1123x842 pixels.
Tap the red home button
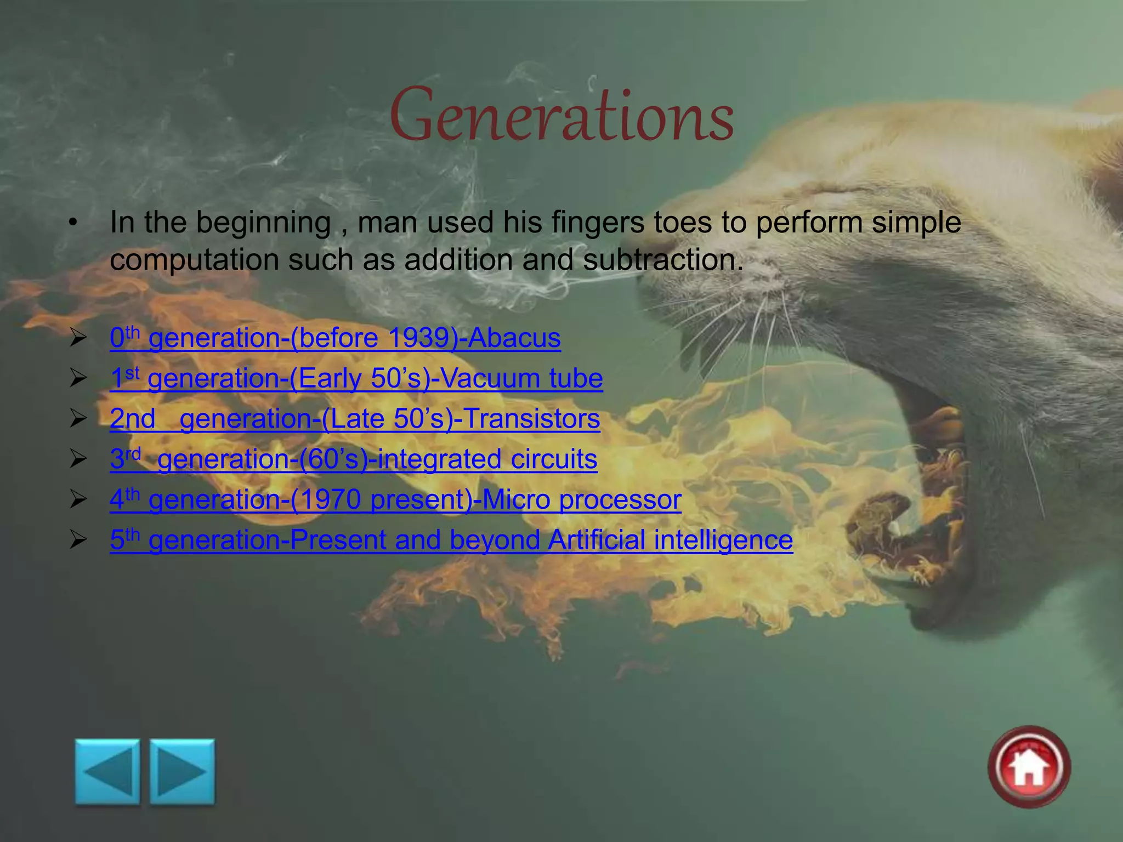click(x=1029, y=767)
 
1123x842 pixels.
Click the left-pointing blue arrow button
click(x=107, y=772)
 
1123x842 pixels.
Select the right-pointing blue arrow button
click(x=183, y=772)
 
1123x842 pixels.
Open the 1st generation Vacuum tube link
click(x=356, y=378)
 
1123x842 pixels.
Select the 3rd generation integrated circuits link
click(x=354, y=459)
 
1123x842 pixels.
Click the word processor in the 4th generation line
click(x=620, y=500)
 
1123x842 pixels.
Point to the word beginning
click(x=263, y=223)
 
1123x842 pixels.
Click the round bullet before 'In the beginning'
click(x=73, y=223)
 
